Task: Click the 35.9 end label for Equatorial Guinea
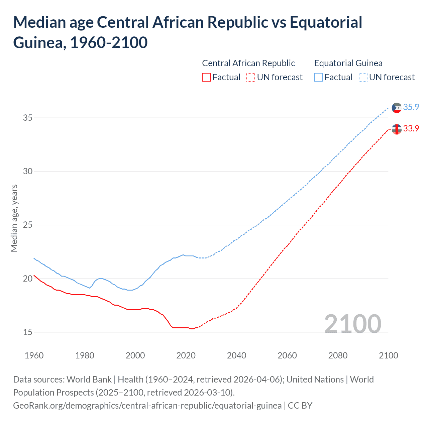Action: pos(411,107)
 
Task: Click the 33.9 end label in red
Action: pos(411,128)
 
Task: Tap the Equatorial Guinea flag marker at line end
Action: pos(397,108)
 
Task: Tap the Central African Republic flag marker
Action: pos(397,129)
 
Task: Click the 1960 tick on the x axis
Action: pos(34,355)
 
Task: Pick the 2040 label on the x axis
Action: pos(236,355)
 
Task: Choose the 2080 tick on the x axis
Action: pos(338,355)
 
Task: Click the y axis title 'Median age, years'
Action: pos(14,218)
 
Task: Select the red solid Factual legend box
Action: pos(206,77)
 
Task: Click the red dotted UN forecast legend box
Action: pos(251,77)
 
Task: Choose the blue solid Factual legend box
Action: pos(319,77)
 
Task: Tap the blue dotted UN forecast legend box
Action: pos(363,77)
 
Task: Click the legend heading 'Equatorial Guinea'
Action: pos(348,63)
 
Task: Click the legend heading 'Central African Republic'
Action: pos(248,63)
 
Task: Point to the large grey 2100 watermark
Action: pos(352,324)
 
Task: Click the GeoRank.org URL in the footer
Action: pos(147,405)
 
